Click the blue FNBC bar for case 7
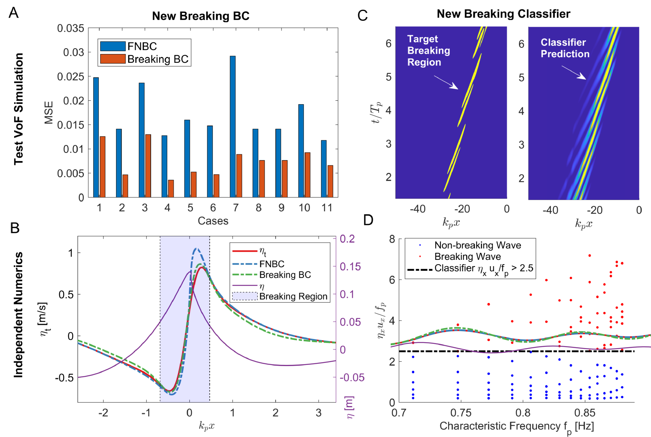(233, 126)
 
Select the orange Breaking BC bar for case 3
(148, 166)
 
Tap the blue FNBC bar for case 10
(301, 151)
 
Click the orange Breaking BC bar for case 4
(171, 189)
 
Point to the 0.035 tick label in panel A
(71, 28)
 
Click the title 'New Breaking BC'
(201, 16)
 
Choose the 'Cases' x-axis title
(213, 221)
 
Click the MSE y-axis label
(49, 112)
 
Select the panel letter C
(363, 16)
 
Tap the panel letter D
(368, 220)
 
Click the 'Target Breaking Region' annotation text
(428, 51)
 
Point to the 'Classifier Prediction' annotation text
(565, 48)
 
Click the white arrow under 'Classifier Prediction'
(574, 73)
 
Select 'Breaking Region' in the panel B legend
(293, 296)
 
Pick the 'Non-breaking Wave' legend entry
(477, 245)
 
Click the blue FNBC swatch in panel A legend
(113, 46)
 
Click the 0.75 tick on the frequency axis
(461, 413)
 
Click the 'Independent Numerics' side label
(18, 315)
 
